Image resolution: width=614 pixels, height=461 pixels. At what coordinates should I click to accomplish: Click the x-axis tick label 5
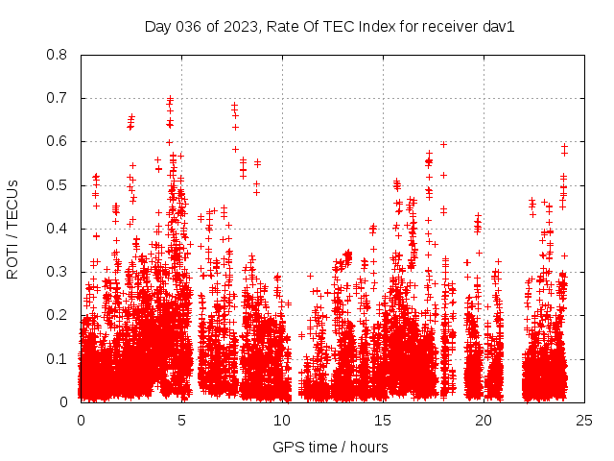tap(181, 420)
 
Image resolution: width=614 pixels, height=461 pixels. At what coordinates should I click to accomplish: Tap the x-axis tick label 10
tap(282, 420)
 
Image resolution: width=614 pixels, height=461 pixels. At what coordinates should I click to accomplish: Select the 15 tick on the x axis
tap(383, 420)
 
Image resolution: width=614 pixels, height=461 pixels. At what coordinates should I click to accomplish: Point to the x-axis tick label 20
tap(484, 420)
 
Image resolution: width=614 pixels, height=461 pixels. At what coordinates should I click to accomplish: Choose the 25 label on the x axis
tap(584, 420)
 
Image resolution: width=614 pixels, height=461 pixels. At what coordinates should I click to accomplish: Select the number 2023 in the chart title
tap(234, 26)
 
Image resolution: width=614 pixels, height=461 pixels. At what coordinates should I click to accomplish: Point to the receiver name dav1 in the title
tap(499, 26)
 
